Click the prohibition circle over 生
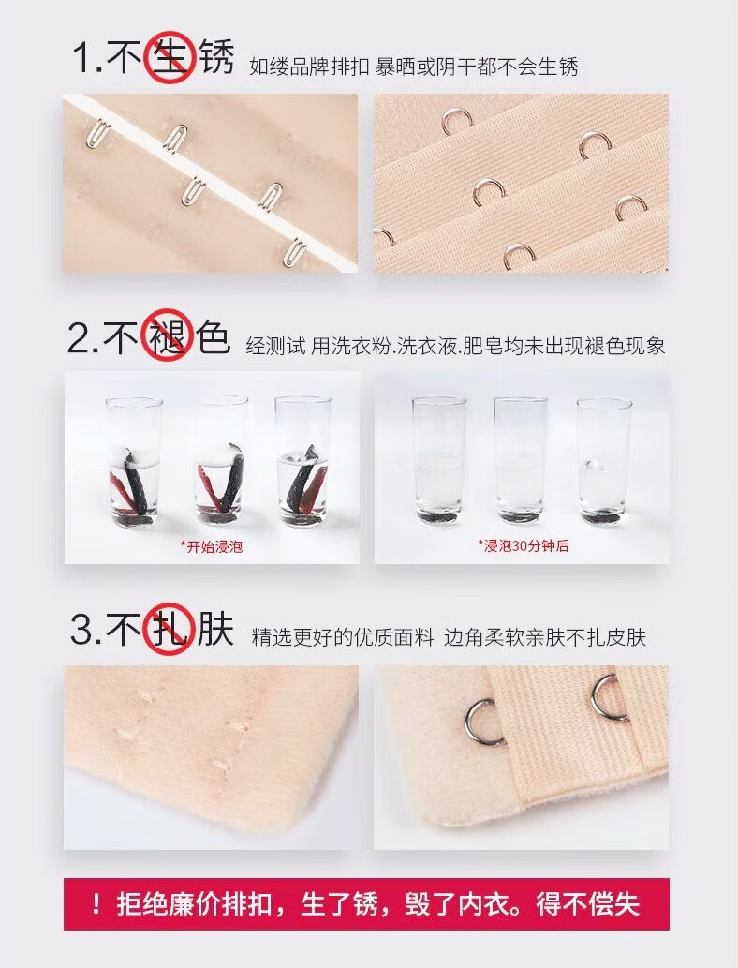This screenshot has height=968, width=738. [170, 57]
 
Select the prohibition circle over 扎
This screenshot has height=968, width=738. [170, 629]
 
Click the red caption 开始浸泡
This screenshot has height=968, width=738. [212, 546]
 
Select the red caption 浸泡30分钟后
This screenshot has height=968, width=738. [524, 545]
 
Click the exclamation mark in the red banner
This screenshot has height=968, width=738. [96, 904]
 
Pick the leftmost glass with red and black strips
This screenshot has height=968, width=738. [134, 462]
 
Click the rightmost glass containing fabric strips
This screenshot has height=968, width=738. [303, 461]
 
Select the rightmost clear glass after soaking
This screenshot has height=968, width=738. [604, 462]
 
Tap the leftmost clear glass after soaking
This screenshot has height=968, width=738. [439, 461]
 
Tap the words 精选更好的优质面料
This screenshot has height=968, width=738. [343, 637]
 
